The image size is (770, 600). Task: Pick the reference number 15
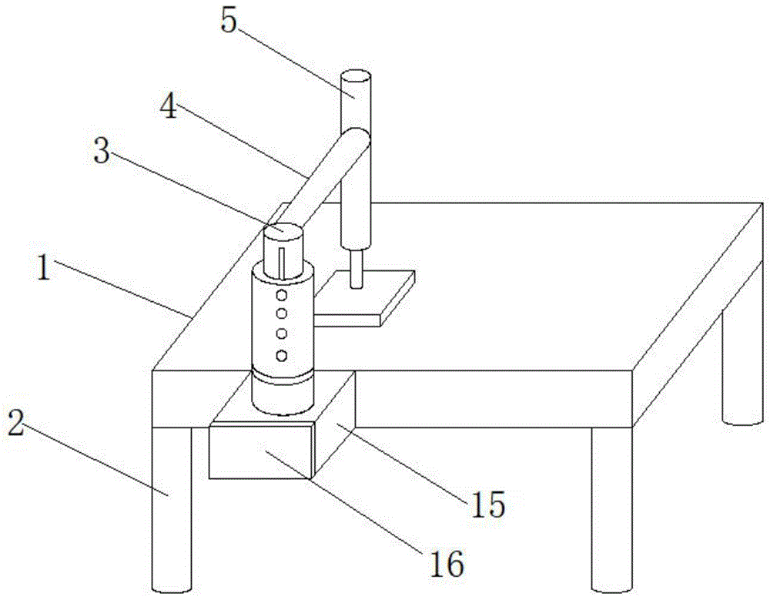click(x=487, y=504)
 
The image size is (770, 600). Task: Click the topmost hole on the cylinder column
click(x=282, y=295)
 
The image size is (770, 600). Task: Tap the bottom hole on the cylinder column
click(x=282, y=355)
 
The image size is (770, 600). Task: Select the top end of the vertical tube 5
click(x=355, y=76)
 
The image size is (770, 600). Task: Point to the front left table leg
click(x=171, y=508)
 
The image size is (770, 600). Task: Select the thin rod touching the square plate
click(x=356, y=270)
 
